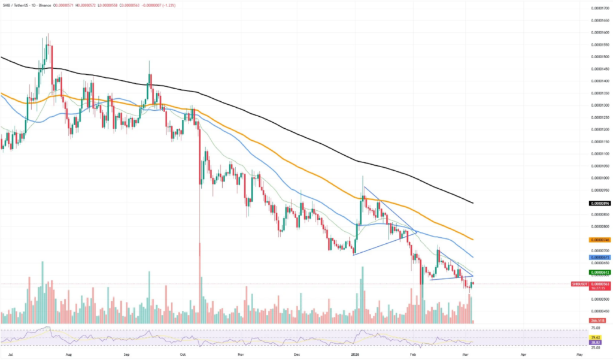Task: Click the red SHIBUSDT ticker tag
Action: (x=580, y=284)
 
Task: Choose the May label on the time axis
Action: (x=579, y=355)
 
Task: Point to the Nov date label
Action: (x=240, y=355)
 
